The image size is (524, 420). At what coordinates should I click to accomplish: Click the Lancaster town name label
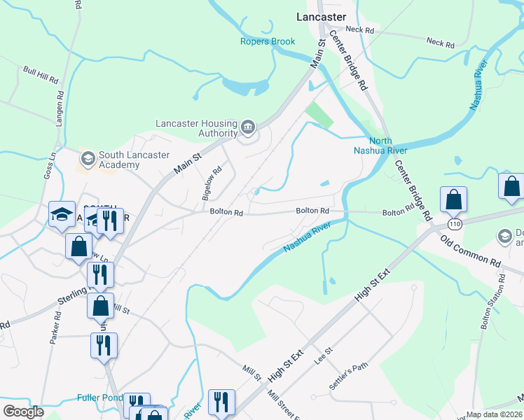pos(321,17)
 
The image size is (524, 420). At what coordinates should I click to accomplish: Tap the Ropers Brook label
pos(268,41)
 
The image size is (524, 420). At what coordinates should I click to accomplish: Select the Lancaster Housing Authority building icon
pos(248,127)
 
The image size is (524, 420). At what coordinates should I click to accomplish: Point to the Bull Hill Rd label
pos(39,75)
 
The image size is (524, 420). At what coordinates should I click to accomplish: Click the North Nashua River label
pos(379,144)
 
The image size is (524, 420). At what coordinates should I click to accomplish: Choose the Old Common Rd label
pos(470,250)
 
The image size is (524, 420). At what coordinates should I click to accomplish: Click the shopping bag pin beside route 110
pos(454,200)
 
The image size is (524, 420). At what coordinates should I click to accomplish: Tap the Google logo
pos(23,412)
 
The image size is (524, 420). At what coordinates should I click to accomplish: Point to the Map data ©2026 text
pos(494,414)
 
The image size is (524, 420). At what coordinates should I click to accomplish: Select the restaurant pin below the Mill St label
pos(221,403)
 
